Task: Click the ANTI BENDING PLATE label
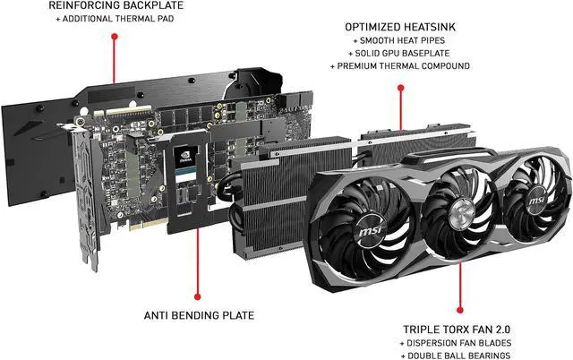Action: (x=199, y=314)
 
